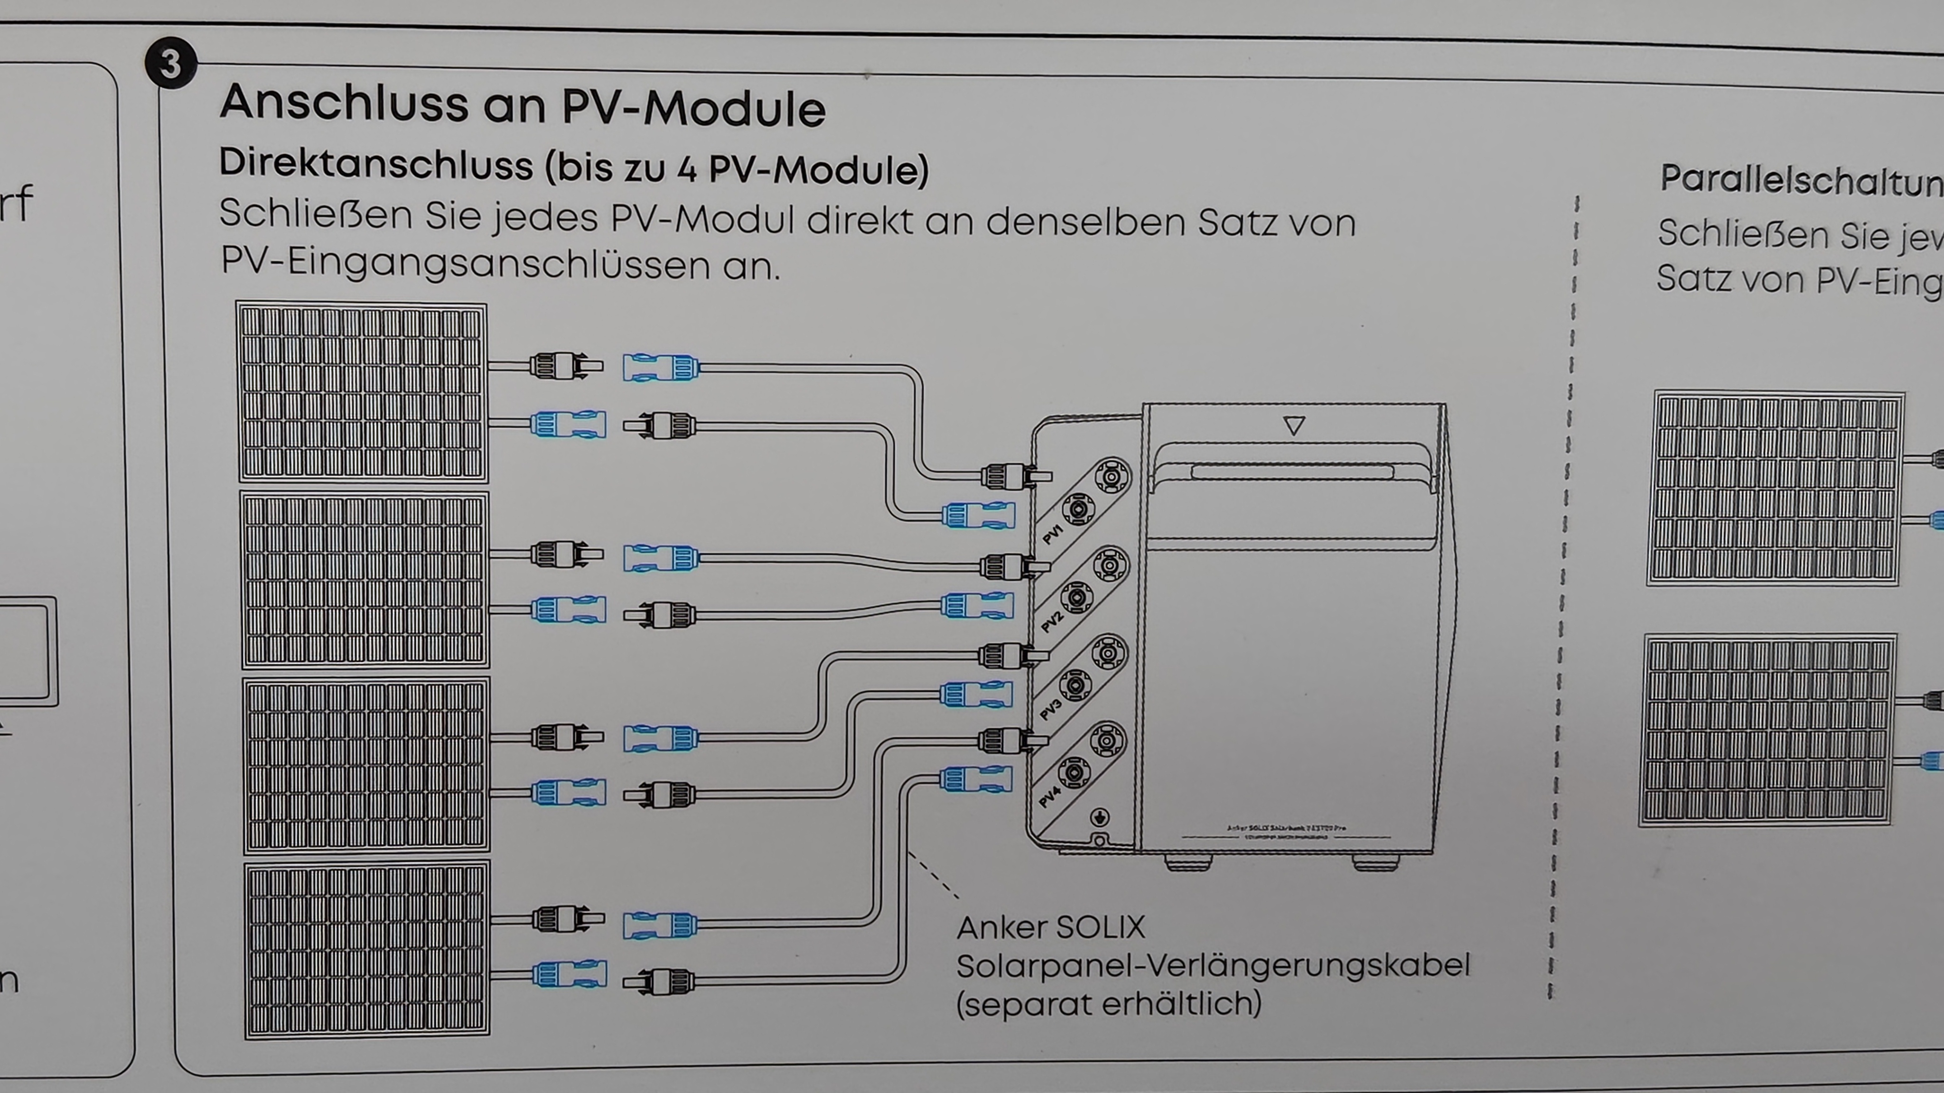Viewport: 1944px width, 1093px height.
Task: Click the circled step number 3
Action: tap(170, 64)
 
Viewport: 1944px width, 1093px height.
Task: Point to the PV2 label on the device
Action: tap(1050, 621)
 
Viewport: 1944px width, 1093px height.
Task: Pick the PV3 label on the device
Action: tap(1050, 709)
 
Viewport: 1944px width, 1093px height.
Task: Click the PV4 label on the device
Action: tap(1049, 797)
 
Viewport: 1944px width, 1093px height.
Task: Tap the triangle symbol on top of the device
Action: tap(1293, 426)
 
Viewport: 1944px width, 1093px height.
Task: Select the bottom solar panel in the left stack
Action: tap(367, 950)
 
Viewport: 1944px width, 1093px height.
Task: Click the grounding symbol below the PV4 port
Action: tap(1100, 817)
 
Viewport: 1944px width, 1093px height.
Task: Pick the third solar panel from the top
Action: tap(366, 765)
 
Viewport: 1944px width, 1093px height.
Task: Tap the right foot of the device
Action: tap(1375, 862)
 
